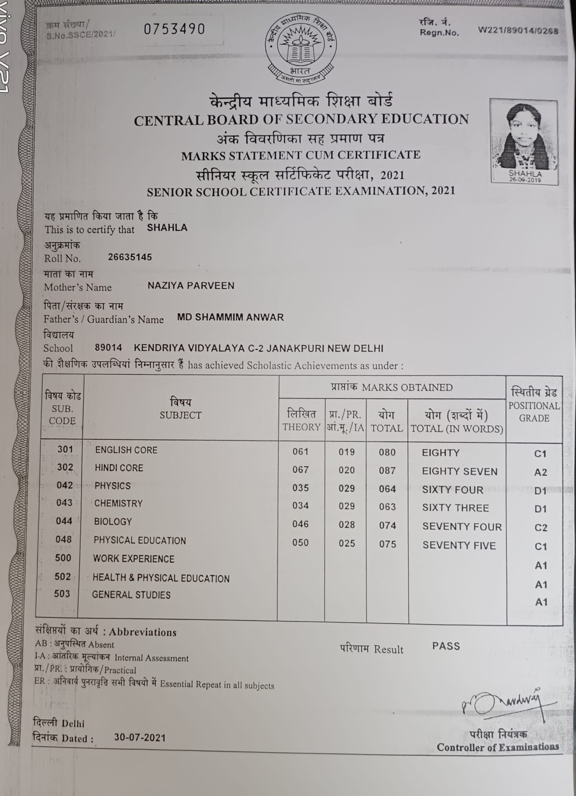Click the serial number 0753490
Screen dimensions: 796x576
coord(175,29)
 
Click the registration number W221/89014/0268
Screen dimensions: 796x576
coord(518,30)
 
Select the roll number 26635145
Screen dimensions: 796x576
coord(130,257)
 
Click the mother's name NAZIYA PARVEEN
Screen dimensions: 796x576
coord(191,286)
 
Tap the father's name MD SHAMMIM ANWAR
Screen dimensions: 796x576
coord(231,317)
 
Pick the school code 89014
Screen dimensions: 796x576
coord(108,348)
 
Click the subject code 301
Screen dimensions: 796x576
coord(65,449)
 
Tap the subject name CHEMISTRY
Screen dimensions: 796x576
coord(119,503)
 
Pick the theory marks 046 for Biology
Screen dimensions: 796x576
coord(300,524)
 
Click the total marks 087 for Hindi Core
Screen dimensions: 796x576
coord(387,471)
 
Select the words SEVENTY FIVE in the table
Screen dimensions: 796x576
coord(459,545)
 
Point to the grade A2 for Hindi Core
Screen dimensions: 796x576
coord(540,472)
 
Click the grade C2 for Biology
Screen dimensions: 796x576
coord(541,528)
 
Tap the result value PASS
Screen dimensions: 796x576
coord(446,646)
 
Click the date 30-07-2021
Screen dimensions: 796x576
coord(140,737)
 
